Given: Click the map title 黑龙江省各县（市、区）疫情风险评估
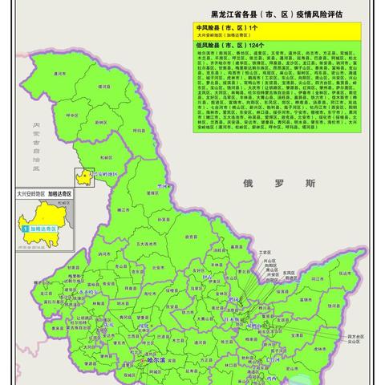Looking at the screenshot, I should coord(278,14).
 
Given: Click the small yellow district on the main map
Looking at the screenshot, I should coord(83,176).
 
